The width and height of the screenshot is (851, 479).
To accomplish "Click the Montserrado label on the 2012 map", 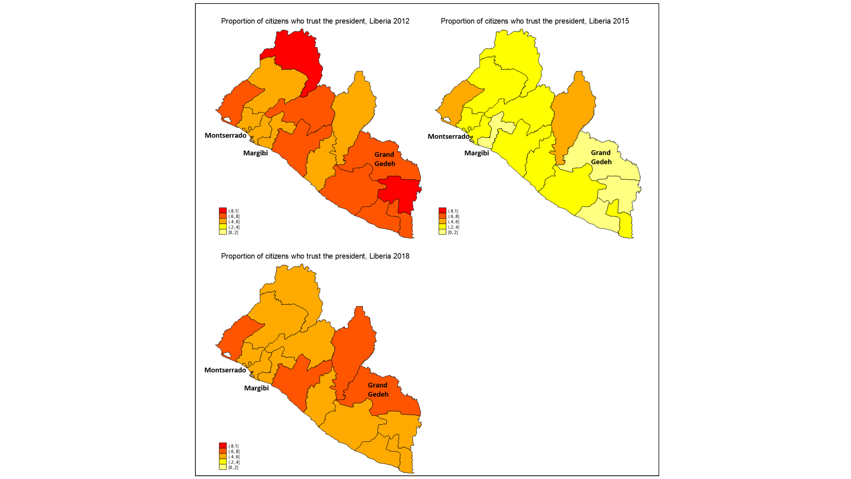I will point(225,135).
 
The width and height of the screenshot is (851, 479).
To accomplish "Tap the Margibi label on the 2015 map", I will point(476,153).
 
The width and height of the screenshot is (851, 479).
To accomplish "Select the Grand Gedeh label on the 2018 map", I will point(378,390).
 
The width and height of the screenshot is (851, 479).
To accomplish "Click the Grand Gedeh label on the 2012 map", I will point(384,159).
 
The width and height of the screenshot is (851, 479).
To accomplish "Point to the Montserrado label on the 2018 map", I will point(225,370).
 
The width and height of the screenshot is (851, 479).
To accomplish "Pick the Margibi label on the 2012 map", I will point(255,153).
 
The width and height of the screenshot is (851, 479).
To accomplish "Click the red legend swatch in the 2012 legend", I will point(223,210).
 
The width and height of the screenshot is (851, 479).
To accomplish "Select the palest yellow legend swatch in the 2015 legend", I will point(442,232).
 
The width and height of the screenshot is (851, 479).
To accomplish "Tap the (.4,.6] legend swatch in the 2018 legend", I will point(223,456).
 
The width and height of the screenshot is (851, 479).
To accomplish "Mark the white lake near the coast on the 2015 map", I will point(446,120).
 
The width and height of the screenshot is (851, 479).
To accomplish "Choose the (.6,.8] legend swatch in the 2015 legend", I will point(442,216).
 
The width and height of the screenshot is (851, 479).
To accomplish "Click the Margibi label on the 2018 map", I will point(256,388).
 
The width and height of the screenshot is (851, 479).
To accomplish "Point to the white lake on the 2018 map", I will point(227,354).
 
